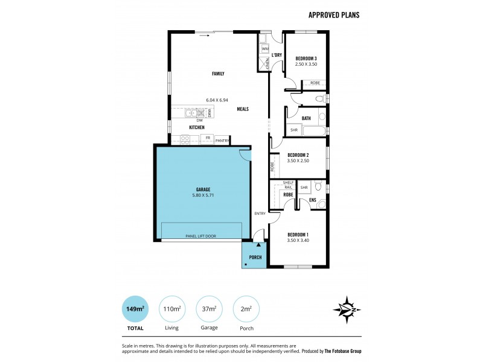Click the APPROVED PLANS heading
pos(333,15)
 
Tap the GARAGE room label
pos(203,189)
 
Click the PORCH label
pos(255,257)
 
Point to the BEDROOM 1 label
pos(298,235)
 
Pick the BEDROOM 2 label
pos(298,154)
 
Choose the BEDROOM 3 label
pos(305,58)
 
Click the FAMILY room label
pos(218,74)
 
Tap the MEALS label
pos(243,109)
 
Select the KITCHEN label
pos(197,127)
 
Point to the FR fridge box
pos(208,138)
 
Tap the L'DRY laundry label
pos(277,55)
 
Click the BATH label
pos(306,118)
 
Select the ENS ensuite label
pos(312,200)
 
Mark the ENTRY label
pos(260,213)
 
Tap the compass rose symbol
pos(347,309)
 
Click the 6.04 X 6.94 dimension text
pos(217,100)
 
